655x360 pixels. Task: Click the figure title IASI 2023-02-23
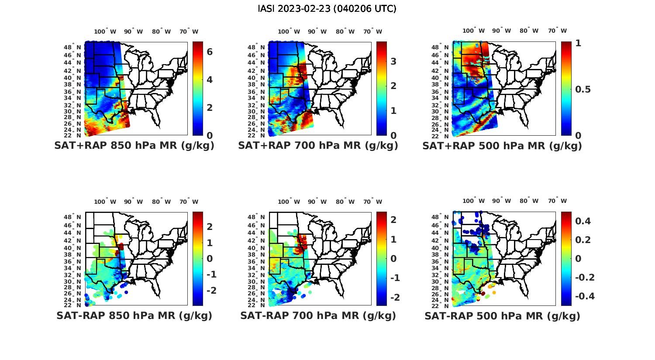tap(327, 9)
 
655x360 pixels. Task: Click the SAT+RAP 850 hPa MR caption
tap(134, 146)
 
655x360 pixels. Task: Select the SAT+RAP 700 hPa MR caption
tap(318, 146)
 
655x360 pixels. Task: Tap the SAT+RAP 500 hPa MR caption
tap(502, 146)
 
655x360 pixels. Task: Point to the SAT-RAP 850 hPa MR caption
tap(134, 315)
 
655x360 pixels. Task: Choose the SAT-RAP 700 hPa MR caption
tap(318, 315)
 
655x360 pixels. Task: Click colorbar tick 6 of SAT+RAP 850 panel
tap(210, 52)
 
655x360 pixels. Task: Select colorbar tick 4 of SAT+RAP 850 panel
tap(210, 80)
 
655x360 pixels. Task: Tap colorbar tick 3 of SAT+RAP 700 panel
tap(393, 61)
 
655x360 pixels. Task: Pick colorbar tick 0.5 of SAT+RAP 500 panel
tap(583, 89)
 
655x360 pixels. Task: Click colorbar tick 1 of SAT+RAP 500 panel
tap(579, 43)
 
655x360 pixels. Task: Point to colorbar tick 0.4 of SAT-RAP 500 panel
tap(583, 221)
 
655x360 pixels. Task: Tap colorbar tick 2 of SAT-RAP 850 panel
tap(210, 226)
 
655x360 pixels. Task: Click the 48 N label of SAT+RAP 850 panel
tap(72, 47)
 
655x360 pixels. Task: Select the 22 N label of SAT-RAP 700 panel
tap(256, 305)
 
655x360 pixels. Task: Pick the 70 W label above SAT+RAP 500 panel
tap(558, 31)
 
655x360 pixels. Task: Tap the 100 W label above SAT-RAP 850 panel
tap(105, 202)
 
